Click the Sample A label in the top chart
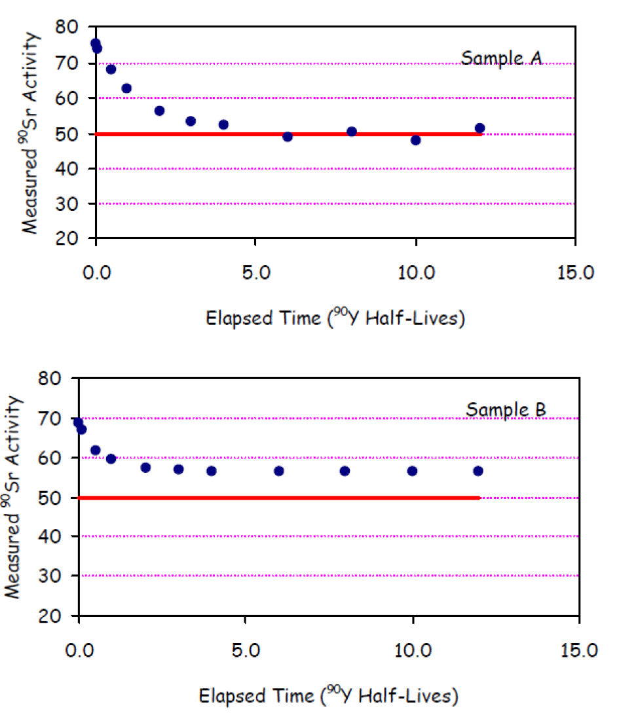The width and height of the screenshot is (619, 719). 501,58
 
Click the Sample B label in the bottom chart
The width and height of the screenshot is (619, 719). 506,411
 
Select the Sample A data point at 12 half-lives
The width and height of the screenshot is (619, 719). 479,128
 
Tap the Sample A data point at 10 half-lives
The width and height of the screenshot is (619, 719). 415,139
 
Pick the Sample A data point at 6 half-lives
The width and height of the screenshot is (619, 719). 288,136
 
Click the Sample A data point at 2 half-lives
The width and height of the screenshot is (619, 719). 159,111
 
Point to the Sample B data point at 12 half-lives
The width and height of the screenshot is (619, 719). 478,471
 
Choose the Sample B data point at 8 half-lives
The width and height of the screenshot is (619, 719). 345,471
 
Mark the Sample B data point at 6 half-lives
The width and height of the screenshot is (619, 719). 279,471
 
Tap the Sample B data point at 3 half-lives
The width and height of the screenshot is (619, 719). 179,469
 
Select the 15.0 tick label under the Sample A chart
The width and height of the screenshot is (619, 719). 575,272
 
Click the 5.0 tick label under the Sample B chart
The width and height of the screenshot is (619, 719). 244,652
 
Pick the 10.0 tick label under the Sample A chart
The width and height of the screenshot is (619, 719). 415,272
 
